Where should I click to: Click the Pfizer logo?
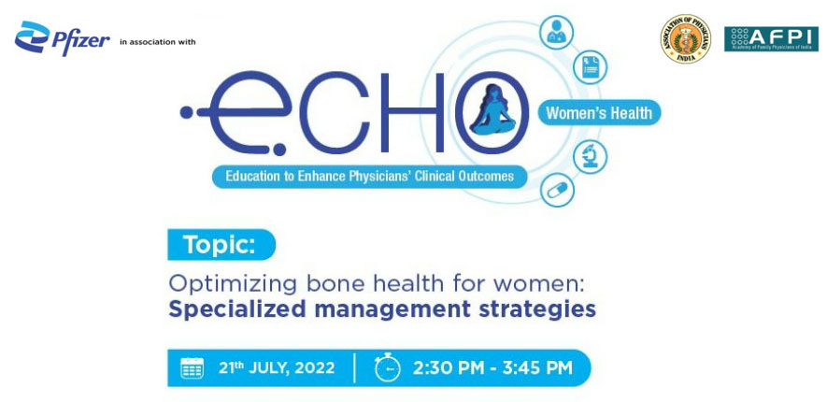(x=62, y=38)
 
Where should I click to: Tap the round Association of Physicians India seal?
(x=685, y=39)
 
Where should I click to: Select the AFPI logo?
(x=771, y=38)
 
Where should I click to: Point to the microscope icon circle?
(x=591, y=156)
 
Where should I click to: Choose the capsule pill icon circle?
(x=557, y=190)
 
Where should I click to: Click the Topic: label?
(x=221, y=245)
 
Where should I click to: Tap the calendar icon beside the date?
(x=192, y=367)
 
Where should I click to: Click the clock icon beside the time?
(x=386, y=367)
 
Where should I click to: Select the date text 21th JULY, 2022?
(x=276, y=367)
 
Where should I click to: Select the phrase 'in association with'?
(x=158, y=42)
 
